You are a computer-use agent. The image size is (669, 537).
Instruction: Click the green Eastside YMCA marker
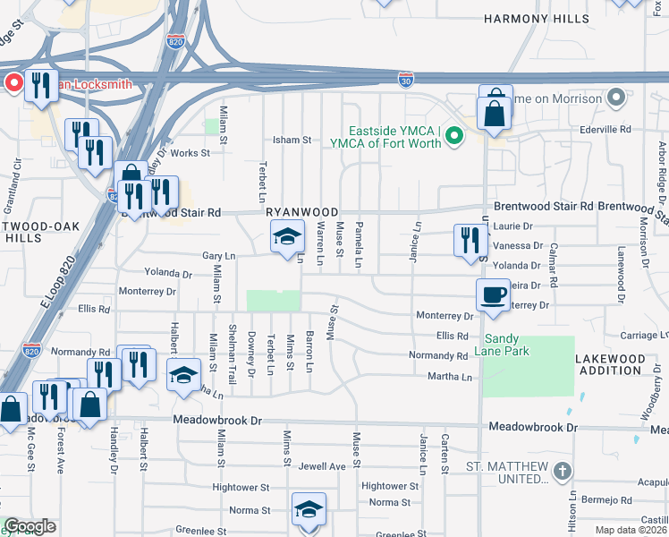click(x=454, y=137)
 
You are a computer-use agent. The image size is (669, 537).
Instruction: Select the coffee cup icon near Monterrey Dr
click(x=493, y=295)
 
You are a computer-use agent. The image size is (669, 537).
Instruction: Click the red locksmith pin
click(x=13, y=84)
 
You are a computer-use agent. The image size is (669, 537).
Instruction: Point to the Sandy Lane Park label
click(x=520, y=345)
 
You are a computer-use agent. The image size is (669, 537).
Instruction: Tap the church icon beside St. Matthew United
click(x=561, y=471)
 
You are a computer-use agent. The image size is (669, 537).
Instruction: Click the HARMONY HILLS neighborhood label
click(x=538, y=18)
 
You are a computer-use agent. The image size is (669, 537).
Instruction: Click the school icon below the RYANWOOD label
click(x=287, y=237)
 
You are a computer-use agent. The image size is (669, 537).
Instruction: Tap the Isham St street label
click(x=292, y=140)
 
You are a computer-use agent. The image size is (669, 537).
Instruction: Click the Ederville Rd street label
click(x=605, y=129)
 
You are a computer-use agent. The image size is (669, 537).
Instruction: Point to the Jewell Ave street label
click(x=322, y=466)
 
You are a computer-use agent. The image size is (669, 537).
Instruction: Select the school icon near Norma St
click(x=309, y=510)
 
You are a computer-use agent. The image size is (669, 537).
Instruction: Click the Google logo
click(x=30, y=526)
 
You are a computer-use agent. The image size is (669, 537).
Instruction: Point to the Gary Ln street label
click(x=218, y=255)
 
